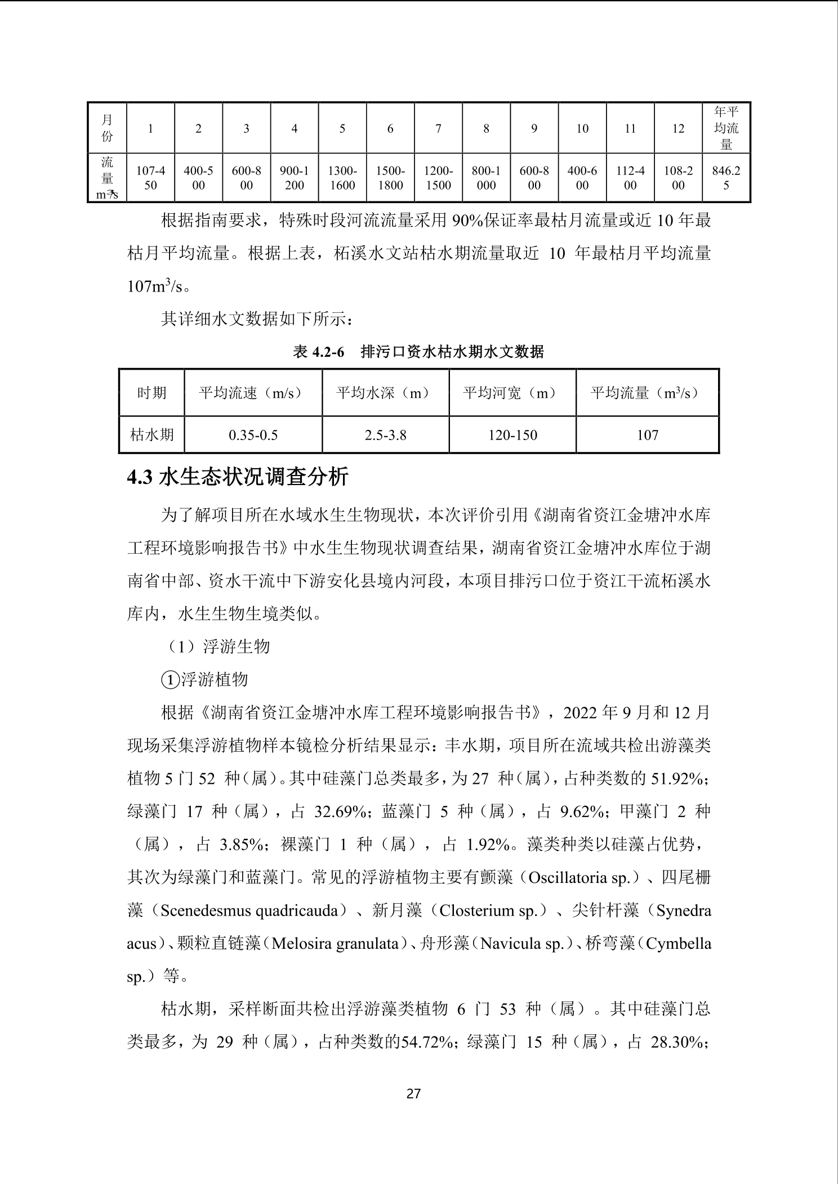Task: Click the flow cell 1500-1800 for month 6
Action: [x=390, y=178]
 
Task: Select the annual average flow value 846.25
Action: [x=726, y=178]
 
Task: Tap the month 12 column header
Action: [x=678, y=129]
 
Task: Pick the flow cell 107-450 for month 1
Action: [x=150, y=178]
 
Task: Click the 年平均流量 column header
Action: [x=726, y=128]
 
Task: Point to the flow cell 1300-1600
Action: [x=342, y=178]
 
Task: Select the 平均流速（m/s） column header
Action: [x=253, y=393]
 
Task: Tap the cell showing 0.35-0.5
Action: [x=253, y=435]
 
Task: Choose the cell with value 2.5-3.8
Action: [x=385, y=435]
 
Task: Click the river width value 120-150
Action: [x=512, y=435]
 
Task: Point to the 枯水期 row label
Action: [x=151, y=435]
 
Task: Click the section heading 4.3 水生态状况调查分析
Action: [x=238, y=477]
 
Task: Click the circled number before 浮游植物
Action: [x=170, y=680]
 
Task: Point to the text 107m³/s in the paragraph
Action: [x=155, y=286]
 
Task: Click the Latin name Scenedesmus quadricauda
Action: [x=252, y=911]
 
